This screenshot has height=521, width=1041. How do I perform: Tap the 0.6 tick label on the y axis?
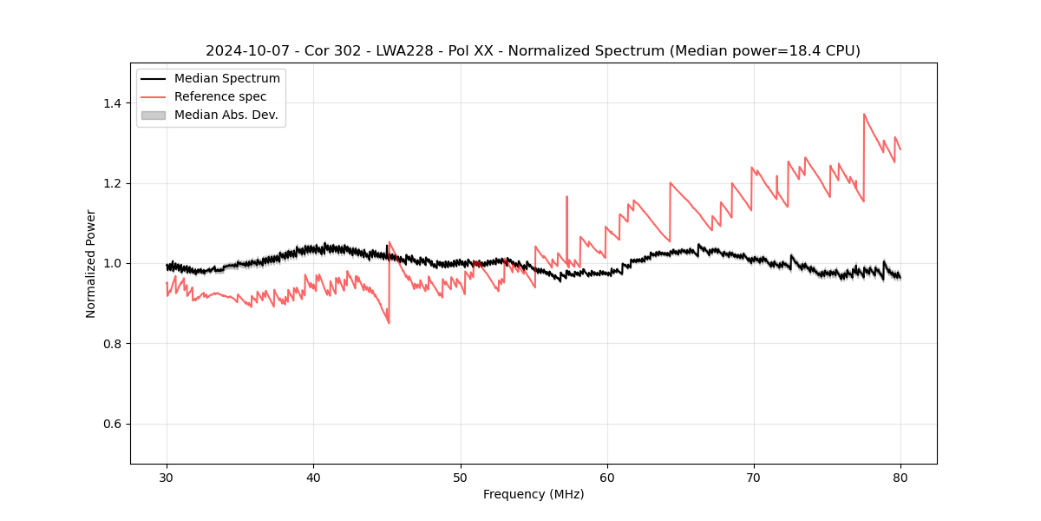(x=112, y=424)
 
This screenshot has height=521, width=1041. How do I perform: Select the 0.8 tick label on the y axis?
(x=112, y=344)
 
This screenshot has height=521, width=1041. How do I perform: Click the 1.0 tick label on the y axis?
(x=112, y=263)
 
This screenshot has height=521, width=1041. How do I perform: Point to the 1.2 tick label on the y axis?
(x=112, y=183)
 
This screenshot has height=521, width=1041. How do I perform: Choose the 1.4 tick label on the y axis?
(x=112, y=103)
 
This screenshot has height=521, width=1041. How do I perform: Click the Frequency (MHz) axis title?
(x=534, y=494)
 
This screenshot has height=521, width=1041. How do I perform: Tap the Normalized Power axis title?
(x=91, y=263)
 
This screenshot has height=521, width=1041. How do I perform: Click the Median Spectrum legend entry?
(x=226, y=79)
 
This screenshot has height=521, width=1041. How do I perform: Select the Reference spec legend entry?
(x=220, y=96)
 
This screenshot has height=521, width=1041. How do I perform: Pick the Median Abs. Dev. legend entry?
(x=226, y=115)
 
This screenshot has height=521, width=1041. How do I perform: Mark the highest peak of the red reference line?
(x=864, y=114)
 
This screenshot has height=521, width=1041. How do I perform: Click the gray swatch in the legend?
(x=153, y=115)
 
